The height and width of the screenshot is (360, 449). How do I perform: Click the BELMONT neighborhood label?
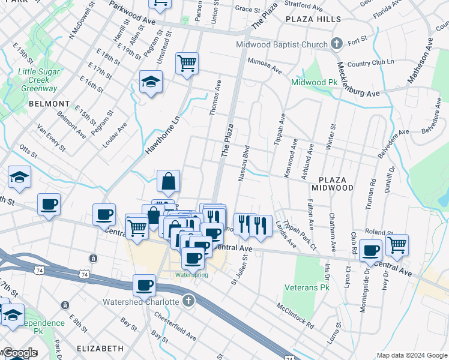point(43,104)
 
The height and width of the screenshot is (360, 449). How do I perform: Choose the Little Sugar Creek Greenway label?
point(38,80)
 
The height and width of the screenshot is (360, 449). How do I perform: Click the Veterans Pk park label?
point(304,288)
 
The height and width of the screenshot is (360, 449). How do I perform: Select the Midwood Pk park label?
point(312,82)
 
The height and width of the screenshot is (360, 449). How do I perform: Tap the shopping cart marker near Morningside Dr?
point(397,245)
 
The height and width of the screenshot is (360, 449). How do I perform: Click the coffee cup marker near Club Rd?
point(371,250)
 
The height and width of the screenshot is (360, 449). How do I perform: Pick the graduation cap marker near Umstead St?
point(151,83)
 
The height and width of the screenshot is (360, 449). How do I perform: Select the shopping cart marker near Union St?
point(187,62)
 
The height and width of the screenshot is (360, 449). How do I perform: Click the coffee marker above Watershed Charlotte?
point(144,286)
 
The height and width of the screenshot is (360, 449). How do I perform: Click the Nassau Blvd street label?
point(244,163)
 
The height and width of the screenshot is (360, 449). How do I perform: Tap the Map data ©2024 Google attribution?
point(412,355)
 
